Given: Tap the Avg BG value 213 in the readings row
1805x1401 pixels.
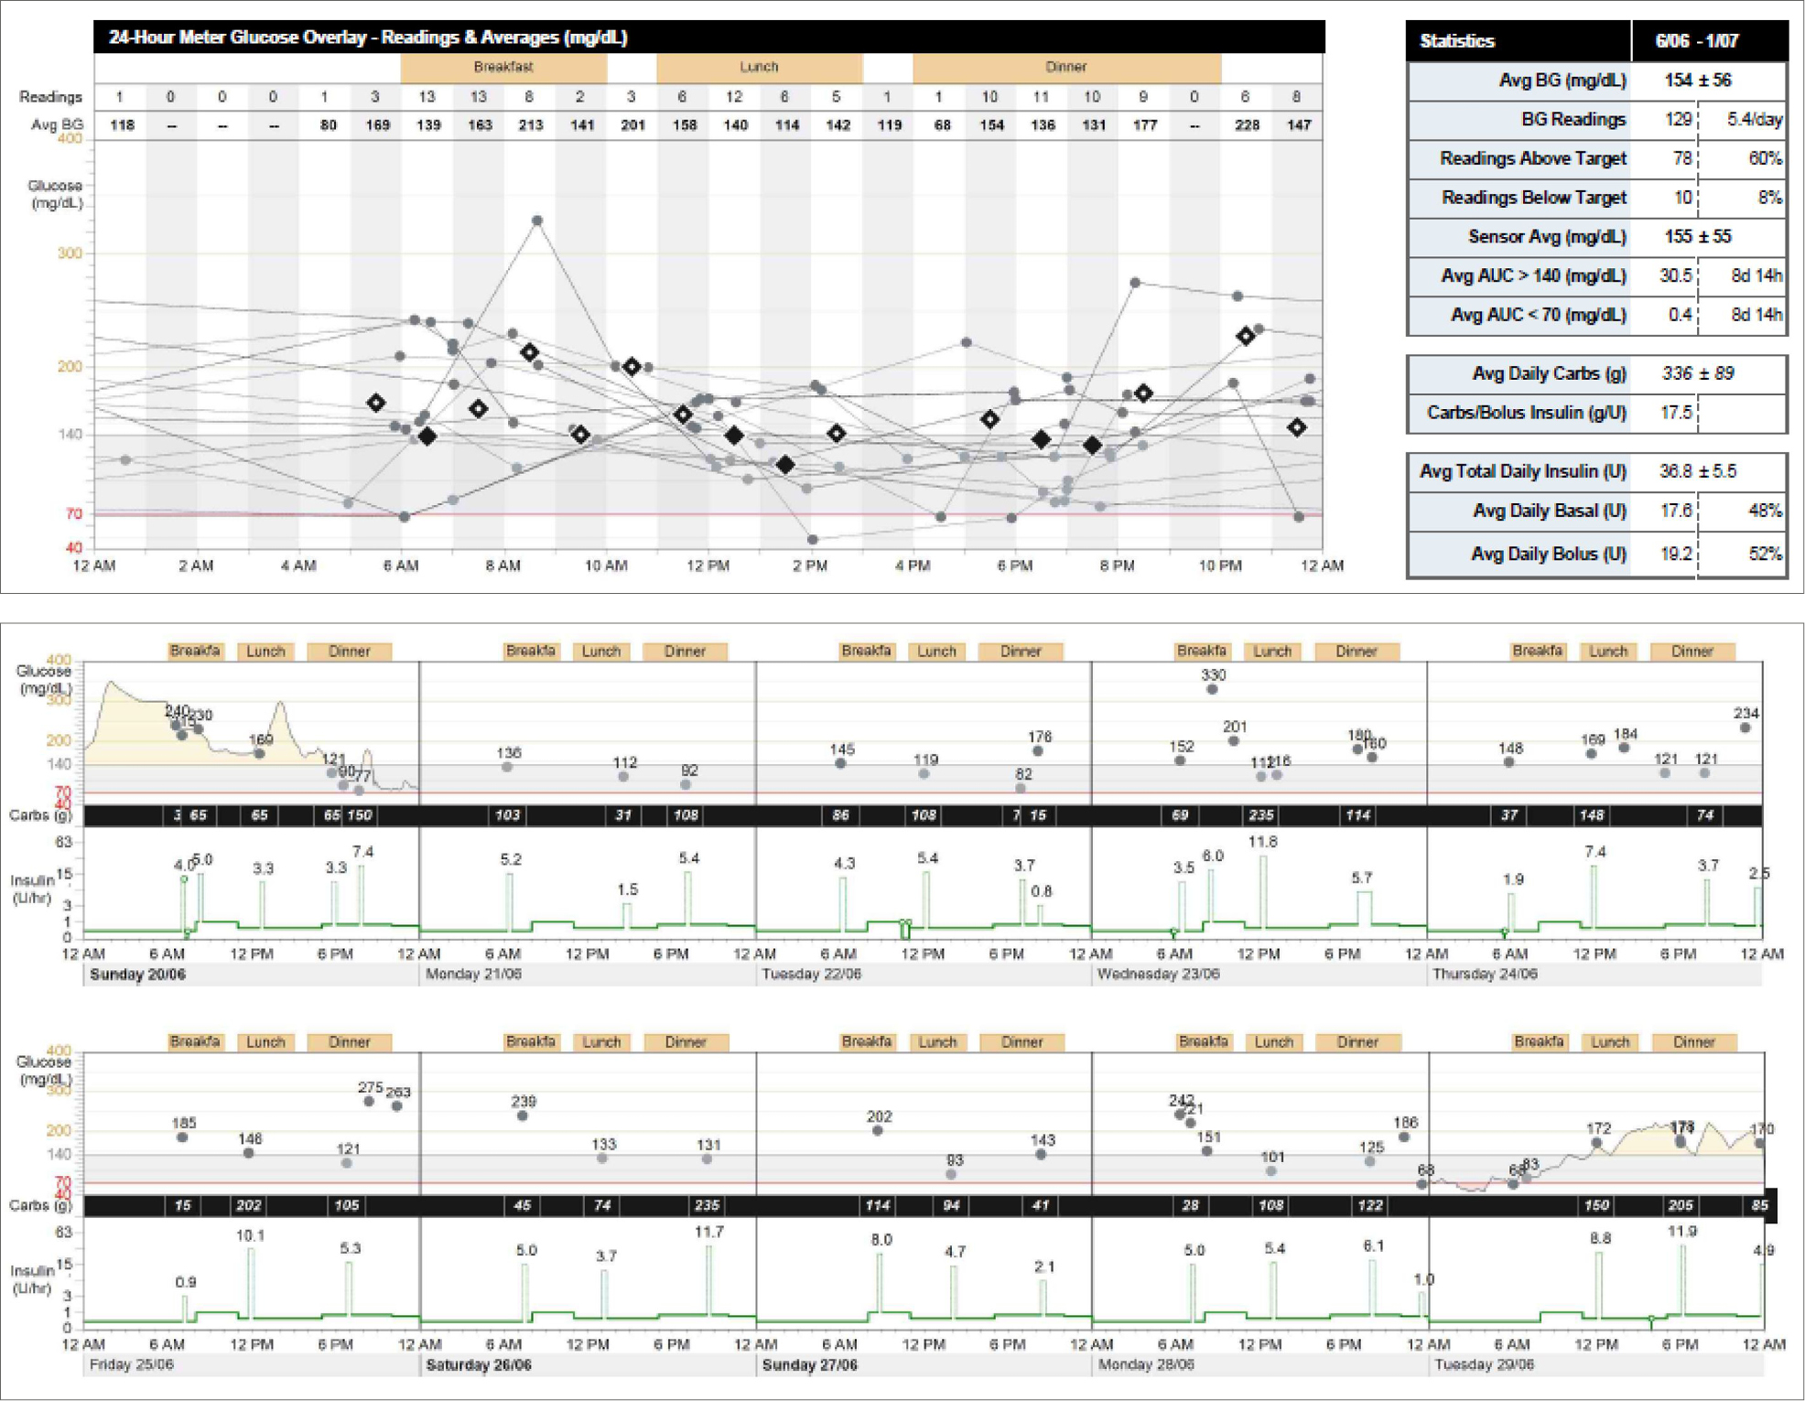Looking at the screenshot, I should click(531, 125).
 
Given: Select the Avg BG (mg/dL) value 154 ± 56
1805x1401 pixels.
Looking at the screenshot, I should click(1697, 81).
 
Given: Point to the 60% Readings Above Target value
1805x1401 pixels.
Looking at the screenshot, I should click(1764, 158).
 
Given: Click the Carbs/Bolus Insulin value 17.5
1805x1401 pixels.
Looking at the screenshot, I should click(1675, 413).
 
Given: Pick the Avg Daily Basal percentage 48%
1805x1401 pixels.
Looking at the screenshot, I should click(1764, 511).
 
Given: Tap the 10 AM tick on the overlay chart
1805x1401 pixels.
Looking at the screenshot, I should click(606, 566).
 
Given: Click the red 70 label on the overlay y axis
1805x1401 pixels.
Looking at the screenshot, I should click(74, 514).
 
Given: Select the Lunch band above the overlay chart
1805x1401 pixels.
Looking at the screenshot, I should click(759, 67).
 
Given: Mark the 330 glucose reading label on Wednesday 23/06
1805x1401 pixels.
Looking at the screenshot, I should click(1213, 675).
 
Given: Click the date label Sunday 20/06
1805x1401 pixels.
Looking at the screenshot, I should click(137, 975).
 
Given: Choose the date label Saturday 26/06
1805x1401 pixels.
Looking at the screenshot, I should click(479, 1365).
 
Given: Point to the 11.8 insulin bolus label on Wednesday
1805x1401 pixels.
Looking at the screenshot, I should click(1262, 842).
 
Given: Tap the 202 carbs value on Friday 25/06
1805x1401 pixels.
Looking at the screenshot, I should click(249, 1206).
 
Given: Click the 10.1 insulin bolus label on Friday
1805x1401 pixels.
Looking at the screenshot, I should click(250, 1235).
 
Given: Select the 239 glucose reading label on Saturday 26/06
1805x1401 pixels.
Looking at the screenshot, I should click(524, 1102).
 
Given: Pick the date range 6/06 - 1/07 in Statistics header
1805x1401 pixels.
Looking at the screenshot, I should click(1696, 41).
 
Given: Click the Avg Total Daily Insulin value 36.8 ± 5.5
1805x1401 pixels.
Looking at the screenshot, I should click(1697, 471).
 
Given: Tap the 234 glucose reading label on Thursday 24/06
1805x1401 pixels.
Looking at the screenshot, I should click(1746, 714).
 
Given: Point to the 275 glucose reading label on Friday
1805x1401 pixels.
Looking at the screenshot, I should click(370, 1088).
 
